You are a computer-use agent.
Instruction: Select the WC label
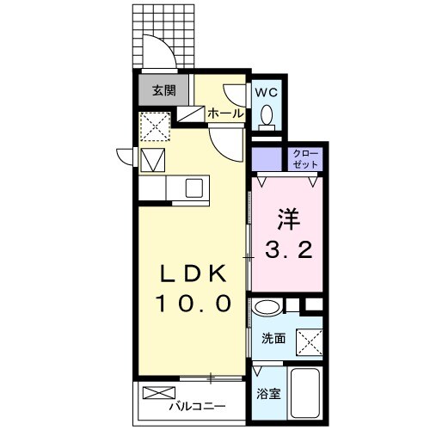click(264, 89)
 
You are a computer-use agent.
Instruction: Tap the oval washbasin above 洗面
click(267, 306)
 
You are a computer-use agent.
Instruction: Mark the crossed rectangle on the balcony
click(160, 395)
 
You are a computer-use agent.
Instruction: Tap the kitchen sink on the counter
click(191, 186)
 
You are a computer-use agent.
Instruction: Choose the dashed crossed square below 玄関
click(155, 127)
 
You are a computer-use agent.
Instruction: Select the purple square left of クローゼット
click(267, 158)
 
